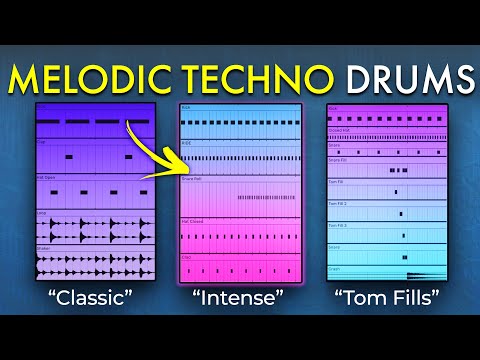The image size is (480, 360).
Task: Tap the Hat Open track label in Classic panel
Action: coord(47,176)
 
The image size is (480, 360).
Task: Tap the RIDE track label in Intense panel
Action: coord(187,143)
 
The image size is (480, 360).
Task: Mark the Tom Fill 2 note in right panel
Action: coord(402,213)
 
